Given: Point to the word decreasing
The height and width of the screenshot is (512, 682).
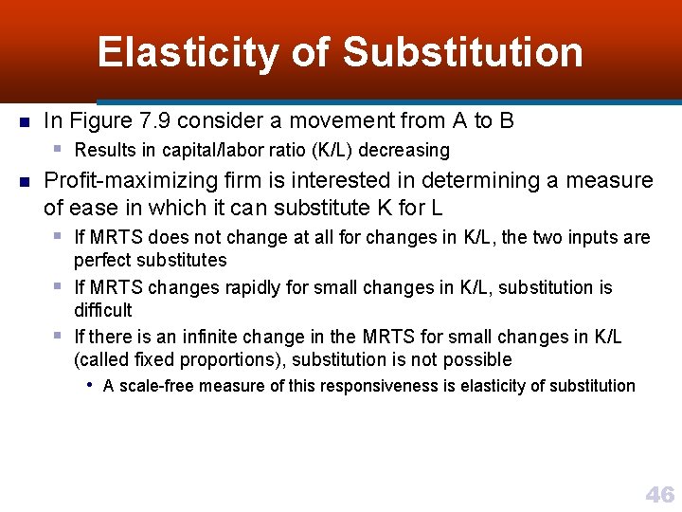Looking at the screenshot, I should [407, 150].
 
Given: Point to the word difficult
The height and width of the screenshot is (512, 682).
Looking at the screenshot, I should [103, 310].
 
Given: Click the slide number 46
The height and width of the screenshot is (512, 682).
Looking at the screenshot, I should [659, 494].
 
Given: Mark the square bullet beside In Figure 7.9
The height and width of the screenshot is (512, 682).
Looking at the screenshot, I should [25, 122].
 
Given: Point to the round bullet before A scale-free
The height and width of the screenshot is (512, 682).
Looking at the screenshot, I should [89, 385].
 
